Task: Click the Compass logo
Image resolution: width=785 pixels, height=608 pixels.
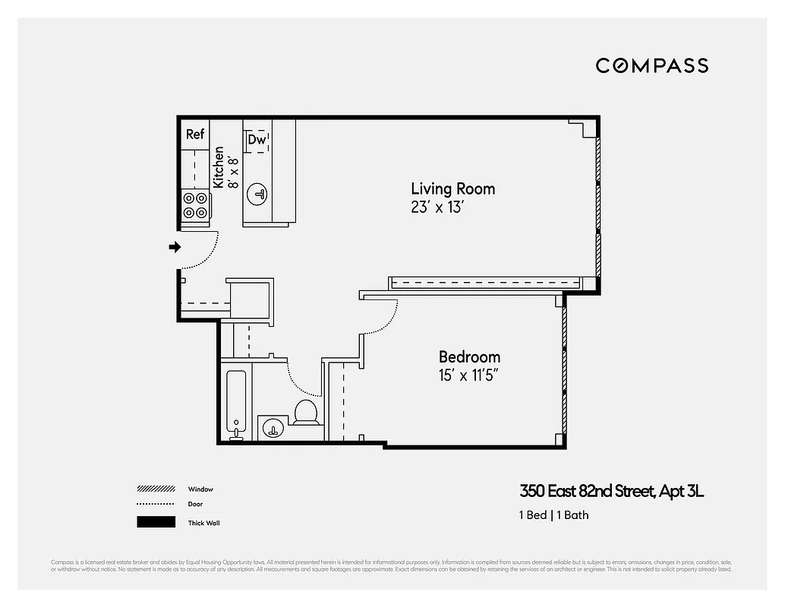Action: point(651,66)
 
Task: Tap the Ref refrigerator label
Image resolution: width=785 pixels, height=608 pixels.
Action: point(195,134)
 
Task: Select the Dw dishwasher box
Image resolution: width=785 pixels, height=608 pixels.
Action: point(257,140)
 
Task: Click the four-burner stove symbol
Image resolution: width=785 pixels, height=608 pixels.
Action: point(195,205)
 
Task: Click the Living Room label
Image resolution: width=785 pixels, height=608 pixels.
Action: point(452,188)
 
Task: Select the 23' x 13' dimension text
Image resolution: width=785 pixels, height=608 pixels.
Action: point(437,207)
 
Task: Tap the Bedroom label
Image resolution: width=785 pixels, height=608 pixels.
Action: point(469,356)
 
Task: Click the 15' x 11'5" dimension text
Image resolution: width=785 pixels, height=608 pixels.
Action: point(469,375)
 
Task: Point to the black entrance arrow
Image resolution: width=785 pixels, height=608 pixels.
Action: point(175,247)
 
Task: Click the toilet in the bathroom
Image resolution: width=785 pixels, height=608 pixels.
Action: point(305,412)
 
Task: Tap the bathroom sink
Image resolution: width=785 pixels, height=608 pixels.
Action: point(271,429)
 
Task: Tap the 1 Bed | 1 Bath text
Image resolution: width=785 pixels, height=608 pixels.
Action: point(553,515)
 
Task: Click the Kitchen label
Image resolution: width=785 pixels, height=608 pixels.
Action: point(219,167)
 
